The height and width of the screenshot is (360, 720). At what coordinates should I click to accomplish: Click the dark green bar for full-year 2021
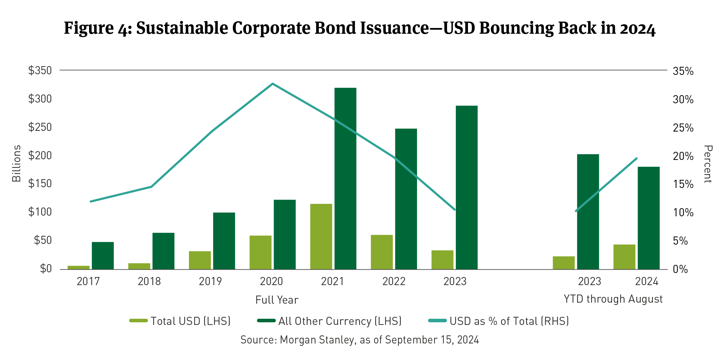345,178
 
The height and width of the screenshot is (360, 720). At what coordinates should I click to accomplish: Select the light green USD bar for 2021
321,236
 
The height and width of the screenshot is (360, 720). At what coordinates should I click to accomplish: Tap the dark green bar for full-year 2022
406,199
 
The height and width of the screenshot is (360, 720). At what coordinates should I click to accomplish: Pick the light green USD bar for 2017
79,267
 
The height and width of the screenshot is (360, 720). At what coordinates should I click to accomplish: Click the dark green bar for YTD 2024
648,218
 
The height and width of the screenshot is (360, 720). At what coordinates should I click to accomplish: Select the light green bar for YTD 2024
624,257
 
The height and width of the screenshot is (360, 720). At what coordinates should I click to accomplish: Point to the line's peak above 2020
272,84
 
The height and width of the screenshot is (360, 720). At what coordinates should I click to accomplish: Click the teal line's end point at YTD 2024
636,158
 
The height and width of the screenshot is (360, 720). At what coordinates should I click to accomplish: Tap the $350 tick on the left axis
40,71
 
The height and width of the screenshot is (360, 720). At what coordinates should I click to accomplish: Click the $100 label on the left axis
40,212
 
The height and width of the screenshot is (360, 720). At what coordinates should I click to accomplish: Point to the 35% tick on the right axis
683,71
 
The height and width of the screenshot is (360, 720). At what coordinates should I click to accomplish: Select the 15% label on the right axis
683,184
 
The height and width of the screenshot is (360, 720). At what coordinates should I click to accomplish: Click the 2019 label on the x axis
210,281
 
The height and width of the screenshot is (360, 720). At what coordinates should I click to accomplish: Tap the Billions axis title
17,164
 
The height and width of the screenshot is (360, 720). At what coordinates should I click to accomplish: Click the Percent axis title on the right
708,164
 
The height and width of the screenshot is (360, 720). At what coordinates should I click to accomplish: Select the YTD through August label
613,299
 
